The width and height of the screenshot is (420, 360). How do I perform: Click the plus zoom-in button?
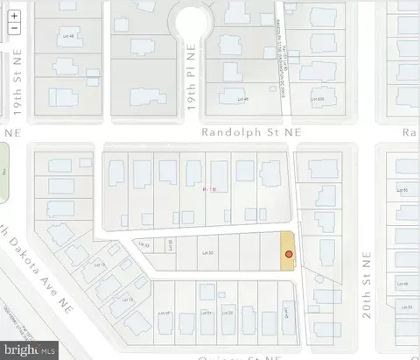[13, 16]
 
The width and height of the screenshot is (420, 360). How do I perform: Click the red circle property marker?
[287, 254]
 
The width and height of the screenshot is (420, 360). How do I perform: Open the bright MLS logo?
[31, 349]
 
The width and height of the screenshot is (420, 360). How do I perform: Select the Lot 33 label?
[146, 244]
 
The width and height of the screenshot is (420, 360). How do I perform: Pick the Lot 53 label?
[404, 307]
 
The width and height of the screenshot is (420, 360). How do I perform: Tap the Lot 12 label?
[99, 265]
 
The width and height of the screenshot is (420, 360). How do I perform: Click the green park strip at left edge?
[3, 170]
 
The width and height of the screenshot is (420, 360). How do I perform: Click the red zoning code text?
[208, 188]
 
